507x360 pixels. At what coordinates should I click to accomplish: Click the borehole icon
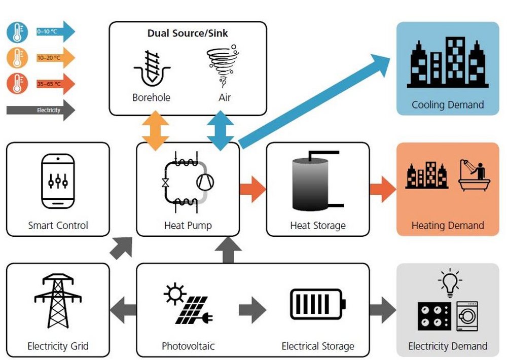click(x=151, y=68)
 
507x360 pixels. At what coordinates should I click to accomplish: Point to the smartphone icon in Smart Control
click(x=57, y=181)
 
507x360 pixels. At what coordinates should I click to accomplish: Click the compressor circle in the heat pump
click(x=205, y=182)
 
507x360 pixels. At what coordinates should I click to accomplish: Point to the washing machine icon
click(x=468, y=316)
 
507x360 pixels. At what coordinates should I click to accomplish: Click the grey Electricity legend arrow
click(x=41, y=110)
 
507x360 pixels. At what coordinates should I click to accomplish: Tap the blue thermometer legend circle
click(x=17, y=32)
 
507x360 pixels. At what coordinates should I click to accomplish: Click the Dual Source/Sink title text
click(x=188, y=33)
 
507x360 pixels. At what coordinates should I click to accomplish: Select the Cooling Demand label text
click(x=447, y=105)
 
